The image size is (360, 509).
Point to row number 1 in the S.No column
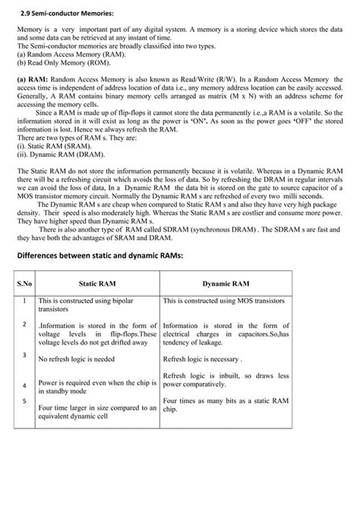click(25, 301)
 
